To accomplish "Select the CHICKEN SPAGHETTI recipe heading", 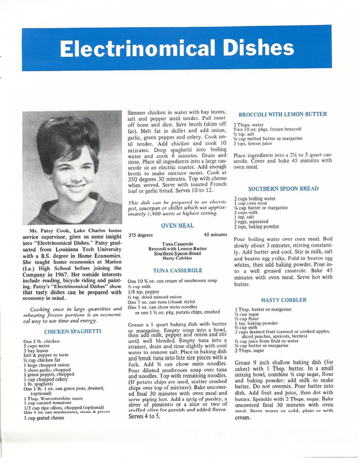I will (73, 331).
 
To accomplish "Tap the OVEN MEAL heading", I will (177, 225).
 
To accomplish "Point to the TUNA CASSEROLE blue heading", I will (177, 270).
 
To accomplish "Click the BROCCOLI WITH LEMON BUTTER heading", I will (283, 114).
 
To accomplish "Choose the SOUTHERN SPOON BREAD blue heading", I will (283, 189).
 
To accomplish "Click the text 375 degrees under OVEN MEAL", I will (140, 235).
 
